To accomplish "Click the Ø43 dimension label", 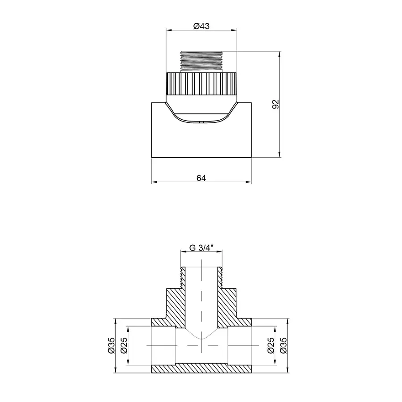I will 201,26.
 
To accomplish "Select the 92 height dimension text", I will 276,104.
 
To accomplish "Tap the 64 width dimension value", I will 201,178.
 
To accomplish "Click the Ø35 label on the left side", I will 111,346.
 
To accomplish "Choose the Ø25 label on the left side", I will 124,346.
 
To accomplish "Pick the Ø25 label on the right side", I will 270,346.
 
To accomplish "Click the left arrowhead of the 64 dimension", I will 154,182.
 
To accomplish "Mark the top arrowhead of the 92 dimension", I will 280,54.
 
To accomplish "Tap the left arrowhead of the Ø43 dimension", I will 169,30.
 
